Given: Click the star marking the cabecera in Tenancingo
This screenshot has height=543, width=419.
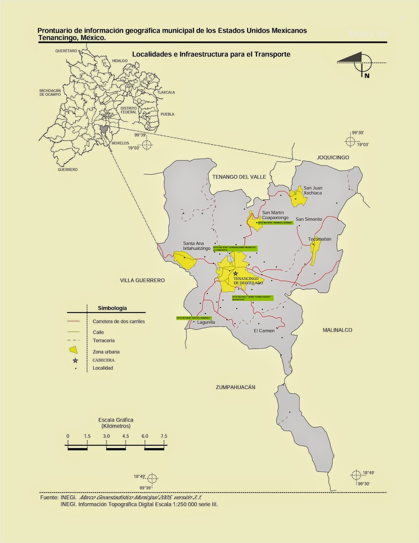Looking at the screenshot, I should [x=236, y=273].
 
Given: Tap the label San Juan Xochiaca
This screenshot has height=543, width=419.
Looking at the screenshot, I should [x=313, y=190].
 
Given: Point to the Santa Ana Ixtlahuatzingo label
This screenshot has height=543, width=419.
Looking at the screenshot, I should [x=197, y=246].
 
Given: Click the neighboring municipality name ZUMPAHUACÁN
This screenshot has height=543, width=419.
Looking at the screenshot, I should [x=235, y=387].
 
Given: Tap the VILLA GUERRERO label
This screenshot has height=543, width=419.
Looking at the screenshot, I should [x=142, y=280].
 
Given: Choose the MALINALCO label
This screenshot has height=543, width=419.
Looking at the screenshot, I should [x=337, y=330].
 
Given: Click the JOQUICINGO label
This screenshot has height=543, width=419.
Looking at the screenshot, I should [x=333, y=157].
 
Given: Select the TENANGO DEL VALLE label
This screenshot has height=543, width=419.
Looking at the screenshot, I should [x=239, y=177].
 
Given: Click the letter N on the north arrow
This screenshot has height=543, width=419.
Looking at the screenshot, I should [x=367, y=76].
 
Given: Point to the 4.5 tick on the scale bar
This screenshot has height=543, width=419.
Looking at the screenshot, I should [x=125, y=436].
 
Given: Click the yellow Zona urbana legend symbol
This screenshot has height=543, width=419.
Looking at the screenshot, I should [x=73, y=350].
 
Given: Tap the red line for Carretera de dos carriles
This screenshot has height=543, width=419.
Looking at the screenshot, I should [x=73, y=321].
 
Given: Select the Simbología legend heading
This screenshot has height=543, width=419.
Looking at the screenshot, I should [x=112, y=308].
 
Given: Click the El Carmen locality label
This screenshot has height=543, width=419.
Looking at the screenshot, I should [x=264, y=331].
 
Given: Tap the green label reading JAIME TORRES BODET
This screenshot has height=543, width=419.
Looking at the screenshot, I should [x=252, y=298].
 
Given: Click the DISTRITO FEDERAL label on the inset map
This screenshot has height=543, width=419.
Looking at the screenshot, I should [x=128, y=110].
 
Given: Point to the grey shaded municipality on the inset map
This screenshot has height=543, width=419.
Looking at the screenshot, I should [x=104, y=129].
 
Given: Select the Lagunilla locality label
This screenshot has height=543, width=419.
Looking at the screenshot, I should [x=206, y=322].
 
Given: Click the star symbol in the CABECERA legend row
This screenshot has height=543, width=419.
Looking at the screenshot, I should [x=75, y=360].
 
